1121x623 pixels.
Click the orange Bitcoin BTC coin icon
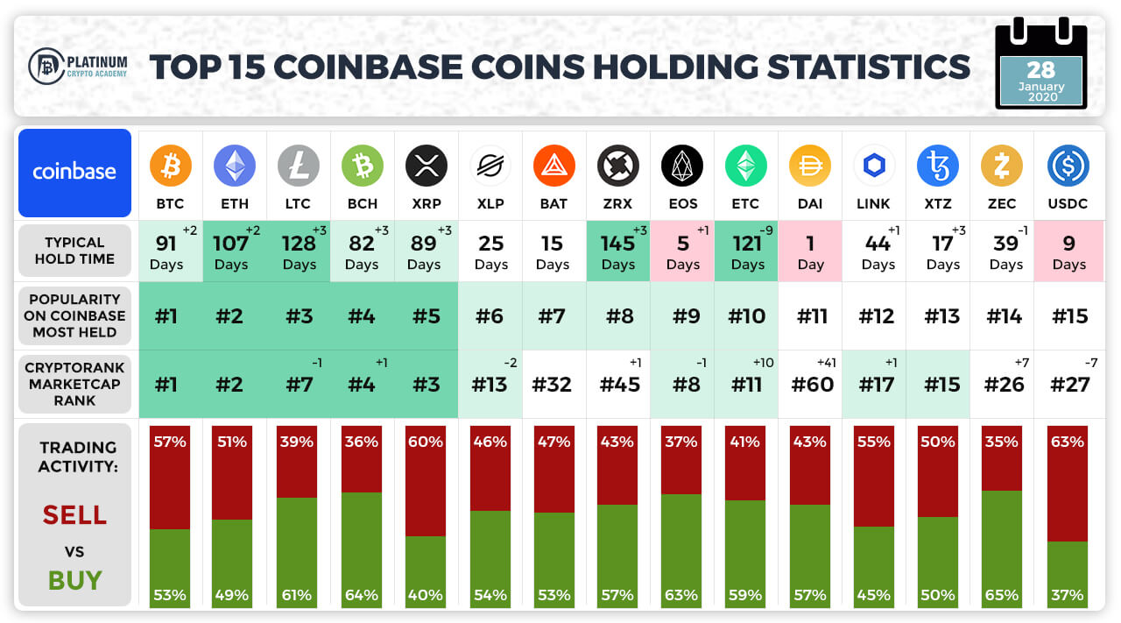click(x=170, y=166)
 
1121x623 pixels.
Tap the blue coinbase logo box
click(x=74, y=173)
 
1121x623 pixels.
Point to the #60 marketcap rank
click(x=812, y=385)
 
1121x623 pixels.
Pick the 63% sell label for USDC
click(x=1068, y=442)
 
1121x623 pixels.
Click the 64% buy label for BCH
click(x=362, y=595)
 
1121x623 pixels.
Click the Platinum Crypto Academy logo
click(x=78, y=66)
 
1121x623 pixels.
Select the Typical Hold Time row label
click(x=74, y=251)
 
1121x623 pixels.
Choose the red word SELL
click(x=74, y=515)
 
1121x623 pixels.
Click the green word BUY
click(x=75, y=580)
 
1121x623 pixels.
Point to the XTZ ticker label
click(x=938, y=204)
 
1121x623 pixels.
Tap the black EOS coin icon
click(x=682, y=166)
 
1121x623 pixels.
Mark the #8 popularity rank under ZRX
click(x=619, y=316)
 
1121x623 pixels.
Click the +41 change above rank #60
click(x=826, y=363)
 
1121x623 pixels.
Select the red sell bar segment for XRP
click(x=426, y=481)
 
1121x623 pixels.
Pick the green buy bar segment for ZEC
click(x=1001, y=549)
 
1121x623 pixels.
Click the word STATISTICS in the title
click(x=869, y=67)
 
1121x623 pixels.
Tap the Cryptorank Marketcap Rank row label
click(x=74, y=384)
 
